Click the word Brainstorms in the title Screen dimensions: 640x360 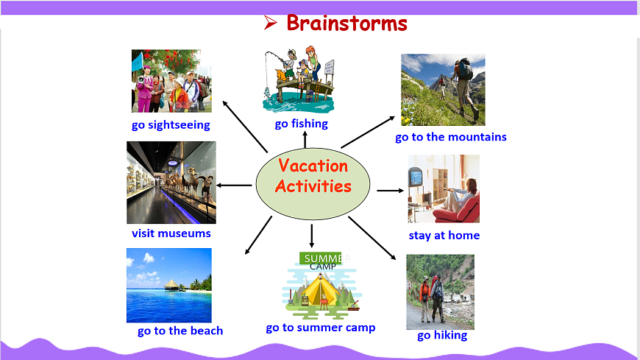click(x=347, y=24)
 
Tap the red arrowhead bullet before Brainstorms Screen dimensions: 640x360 click(x=270, y=23)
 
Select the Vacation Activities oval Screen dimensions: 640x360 click(x=313, y=184)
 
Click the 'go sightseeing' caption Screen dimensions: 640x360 click(x=171, y=124)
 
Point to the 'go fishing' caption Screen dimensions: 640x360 click(x=301, y=124)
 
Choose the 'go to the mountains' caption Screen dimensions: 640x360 click(x=451, y=137)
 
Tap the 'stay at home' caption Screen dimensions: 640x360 click(x=444, y=236)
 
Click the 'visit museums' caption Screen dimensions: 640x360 click(x=171, y=233)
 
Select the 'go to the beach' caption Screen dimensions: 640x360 click(x=180, y=331)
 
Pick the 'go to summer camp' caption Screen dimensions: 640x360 click(x=321, y=328)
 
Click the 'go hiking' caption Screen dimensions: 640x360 click(x=442, y=336)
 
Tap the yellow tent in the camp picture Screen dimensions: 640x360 click(x=321, y=291)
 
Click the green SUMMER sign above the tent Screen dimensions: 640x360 click(x=321, y=258)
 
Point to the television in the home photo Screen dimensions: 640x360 click(x=416, y=177)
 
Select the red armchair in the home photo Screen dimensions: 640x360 click(x=457, y=209)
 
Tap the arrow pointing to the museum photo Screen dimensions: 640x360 click(x=234, y=185)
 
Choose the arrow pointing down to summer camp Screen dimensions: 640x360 click(x=312, y=236)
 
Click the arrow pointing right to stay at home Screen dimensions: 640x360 click(x=390, y=191)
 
